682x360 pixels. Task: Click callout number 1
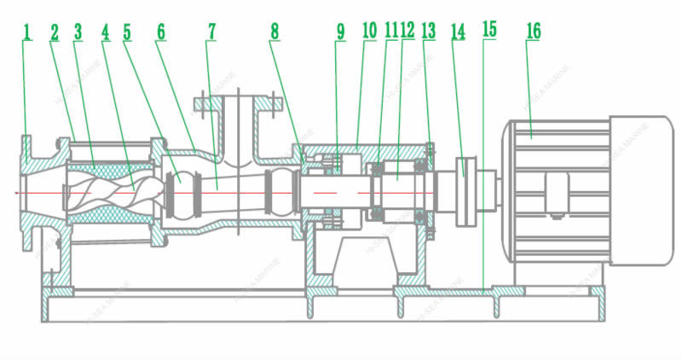[26, 32]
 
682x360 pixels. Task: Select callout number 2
[54, 32]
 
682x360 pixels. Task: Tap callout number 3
[78, 32]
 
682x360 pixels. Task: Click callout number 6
[160, 32]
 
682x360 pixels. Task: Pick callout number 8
[275, 32]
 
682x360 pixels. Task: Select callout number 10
[369, 32]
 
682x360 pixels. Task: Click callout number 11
[390, 32]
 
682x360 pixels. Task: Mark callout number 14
[459, 32]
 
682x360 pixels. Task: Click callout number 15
[488, 29]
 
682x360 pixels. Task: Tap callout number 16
[533, 32]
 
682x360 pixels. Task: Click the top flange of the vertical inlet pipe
[238, 104]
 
